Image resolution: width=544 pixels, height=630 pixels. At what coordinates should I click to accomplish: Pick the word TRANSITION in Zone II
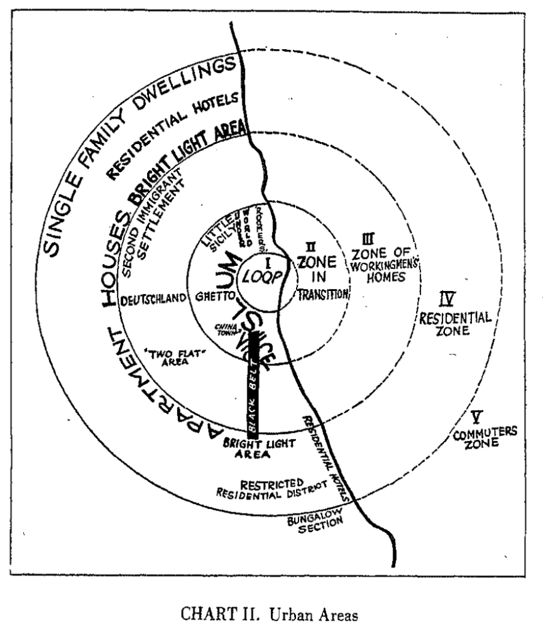click(x=323, y=294)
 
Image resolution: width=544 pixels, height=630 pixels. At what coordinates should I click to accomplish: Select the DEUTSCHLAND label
click(x=153, y=300)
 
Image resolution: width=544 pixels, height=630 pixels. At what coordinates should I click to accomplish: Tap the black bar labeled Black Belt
click(x=255, y=397)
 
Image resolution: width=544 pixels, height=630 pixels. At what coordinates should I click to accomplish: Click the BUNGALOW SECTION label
click(x=315, y=525)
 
